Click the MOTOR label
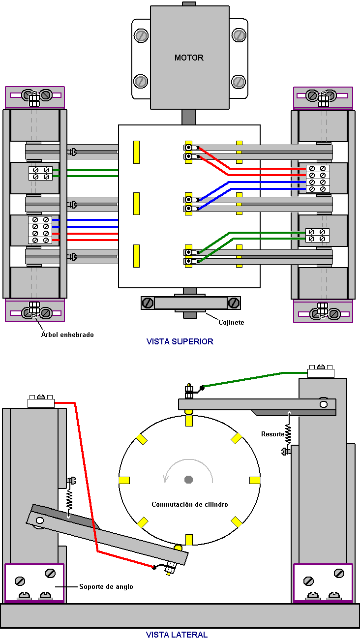(189, 58)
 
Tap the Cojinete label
(231, 323)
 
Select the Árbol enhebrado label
(67, 335)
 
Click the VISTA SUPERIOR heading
(180, 341)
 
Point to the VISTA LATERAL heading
(177, 635)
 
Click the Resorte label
(273, 434)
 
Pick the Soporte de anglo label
(106, 586)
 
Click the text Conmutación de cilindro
(190, 504)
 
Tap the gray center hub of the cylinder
(188, 480)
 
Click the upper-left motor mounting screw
(141, 36)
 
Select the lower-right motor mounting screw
(239, 82)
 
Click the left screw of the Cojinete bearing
(148, 303)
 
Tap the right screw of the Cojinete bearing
(234, 303)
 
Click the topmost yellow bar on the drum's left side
(137, 152)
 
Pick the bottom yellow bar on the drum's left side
(137, 256)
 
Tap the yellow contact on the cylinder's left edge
(124, 480)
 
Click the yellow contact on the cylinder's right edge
(255, 480)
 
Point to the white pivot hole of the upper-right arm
(324, 404)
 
